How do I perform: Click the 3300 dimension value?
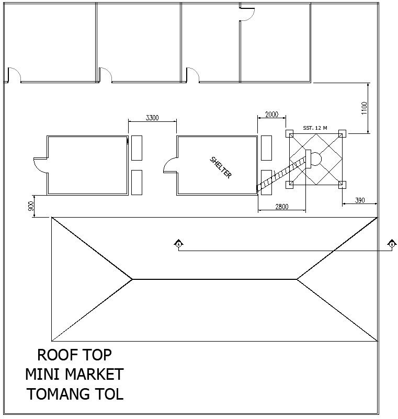coord(152,118)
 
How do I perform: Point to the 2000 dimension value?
coord(271,115)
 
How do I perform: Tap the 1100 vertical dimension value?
coord(365,108)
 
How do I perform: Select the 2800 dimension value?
coord(281,207)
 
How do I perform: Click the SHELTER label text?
coord(220,167)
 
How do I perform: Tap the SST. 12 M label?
coord(315,128)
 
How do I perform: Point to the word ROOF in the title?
coord(54,355)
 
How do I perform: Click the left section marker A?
coord(178,244)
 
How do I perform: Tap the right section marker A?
coord(392,244)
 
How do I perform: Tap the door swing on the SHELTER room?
coord(170,166)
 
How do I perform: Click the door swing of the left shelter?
coord(39,165)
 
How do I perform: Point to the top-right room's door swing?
coord(247,13)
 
